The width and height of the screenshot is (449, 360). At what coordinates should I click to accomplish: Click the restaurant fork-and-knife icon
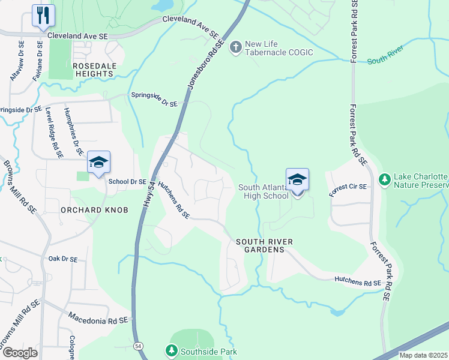43,16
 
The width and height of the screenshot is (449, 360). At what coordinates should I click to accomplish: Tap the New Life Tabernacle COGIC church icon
236,46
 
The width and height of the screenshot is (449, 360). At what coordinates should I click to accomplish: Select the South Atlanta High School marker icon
297,180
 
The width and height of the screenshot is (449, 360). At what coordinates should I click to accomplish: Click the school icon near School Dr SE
98,162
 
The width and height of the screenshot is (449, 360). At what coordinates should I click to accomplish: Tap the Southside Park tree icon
171,350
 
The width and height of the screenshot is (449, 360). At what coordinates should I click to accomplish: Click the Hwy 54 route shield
139,346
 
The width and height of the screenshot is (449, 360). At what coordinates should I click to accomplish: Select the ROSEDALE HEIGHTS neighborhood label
92,69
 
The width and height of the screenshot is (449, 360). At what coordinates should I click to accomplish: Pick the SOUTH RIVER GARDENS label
264,245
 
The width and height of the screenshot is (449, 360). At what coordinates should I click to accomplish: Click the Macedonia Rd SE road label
98,318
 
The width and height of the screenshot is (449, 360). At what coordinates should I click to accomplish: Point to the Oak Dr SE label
63,259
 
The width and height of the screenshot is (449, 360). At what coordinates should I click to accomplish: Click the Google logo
19,353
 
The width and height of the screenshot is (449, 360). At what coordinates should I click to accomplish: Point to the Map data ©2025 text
423,355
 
